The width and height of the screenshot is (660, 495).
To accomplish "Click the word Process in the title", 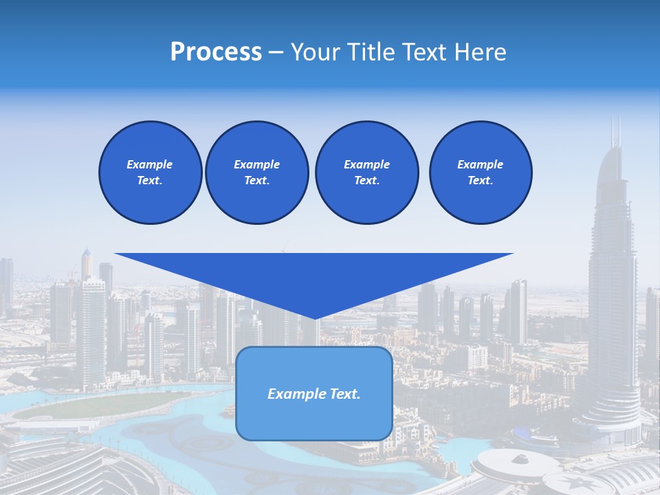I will (x=216, y=52).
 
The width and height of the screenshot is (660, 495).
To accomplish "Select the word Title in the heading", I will (x=371, y=52).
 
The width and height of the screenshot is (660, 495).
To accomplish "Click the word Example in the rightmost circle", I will (x=480, y=164).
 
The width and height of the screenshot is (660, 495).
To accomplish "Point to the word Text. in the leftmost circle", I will (x=150, y=180).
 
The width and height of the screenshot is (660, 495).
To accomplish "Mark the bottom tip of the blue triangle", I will (x=315, y=318).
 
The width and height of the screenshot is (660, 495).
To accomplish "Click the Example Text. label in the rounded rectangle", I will (x=314, y=394).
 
